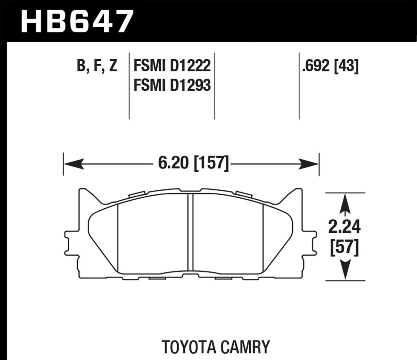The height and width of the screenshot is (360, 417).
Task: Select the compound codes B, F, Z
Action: (97, 66)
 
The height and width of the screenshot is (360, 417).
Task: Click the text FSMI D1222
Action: (172, 66)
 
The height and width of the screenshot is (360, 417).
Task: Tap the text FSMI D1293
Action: (172, 85)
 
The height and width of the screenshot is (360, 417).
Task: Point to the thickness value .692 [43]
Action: (330, 66)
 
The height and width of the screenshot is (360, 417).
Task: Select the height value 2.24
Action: (345, 227)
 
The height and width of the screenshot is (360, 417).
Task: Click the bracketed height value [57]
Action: (345, 247)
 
